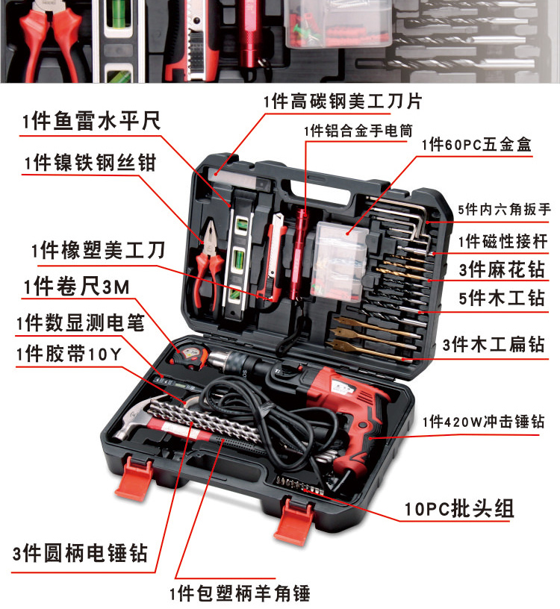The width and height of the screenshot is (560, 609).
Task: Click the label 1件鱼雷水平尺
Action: [91, 122]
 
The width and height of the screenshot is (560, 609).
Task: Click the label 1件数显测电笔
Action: [79, 322]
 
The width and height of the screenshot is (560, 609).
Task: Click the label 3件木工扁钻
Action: [494, 345]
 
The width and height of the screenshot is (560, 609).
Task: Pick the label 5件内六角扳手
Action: [504, 210]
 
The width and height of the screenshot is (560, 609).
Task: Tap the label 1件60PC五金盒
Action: [476, 145]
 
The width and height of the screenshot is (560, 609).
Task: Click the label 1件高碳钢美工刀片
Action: [342, 101]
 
